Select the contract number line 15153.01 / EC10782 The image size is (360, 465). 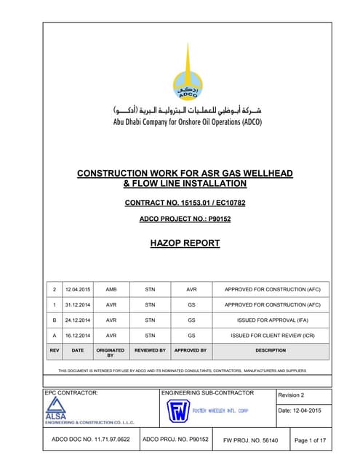point(185,202)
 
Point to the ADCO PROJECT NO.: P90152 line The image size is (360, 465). point(185,219)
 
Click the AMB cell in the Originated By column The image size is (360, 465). point(111,288)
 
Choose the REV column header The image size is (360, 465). point(53,350)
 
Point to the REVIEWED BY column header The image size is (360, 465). point(150,350)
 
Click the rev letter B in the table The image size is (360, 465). point(53,320)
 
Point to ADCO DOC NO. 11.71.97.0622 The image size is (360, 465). point(91,440)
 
